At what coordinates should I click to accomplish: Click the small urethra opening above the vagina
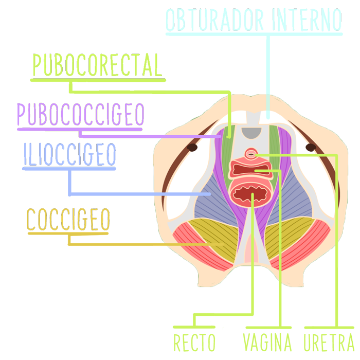click(251, 153)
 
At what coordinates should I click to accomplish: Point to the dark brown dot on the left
click(193, 148)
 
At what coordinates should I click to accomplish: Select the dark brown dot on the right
click(310, 148)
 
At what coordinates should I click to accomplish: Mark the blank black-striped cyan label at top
click(254, 20)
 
